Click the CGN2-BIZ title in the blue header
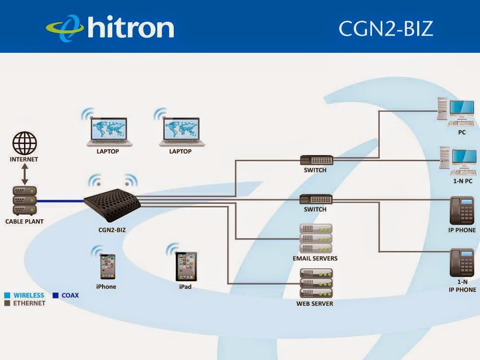[x=386, y=28]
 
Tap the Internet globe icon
[x=24, y=143]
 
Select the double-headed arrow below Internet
[x=25, y=174]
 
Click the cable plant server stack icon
[x=25, y=201]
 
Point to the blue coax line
[x=60, y=201]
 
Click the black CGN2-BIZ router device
[x=112, y=204]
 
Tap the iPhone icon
[x=108, y=266]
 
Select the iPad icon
[x=186, y=266]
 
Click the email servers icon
[x=316, y=239]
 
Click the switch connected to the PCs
[x=316, y=160]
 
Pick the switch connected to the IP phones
[x=316, y=199]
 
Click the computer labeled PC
[x=456, y=112]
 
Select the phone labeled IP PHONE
[x=462, y=210]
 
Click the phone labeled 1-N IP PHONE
[x=462, y=263]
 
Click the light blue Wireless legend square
[x=7, y=295]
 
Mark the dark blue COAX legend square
[x=55, y=295]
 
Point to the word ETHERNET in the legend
[x=29, y=303]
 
